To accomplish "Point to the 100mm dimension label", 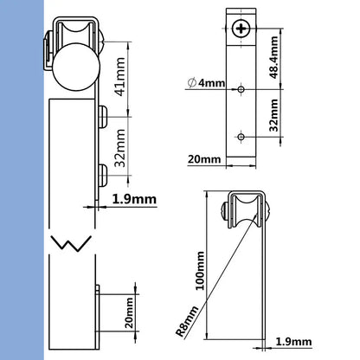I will [202, 270].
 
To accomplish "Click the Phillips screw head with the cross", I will [240, 31].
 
